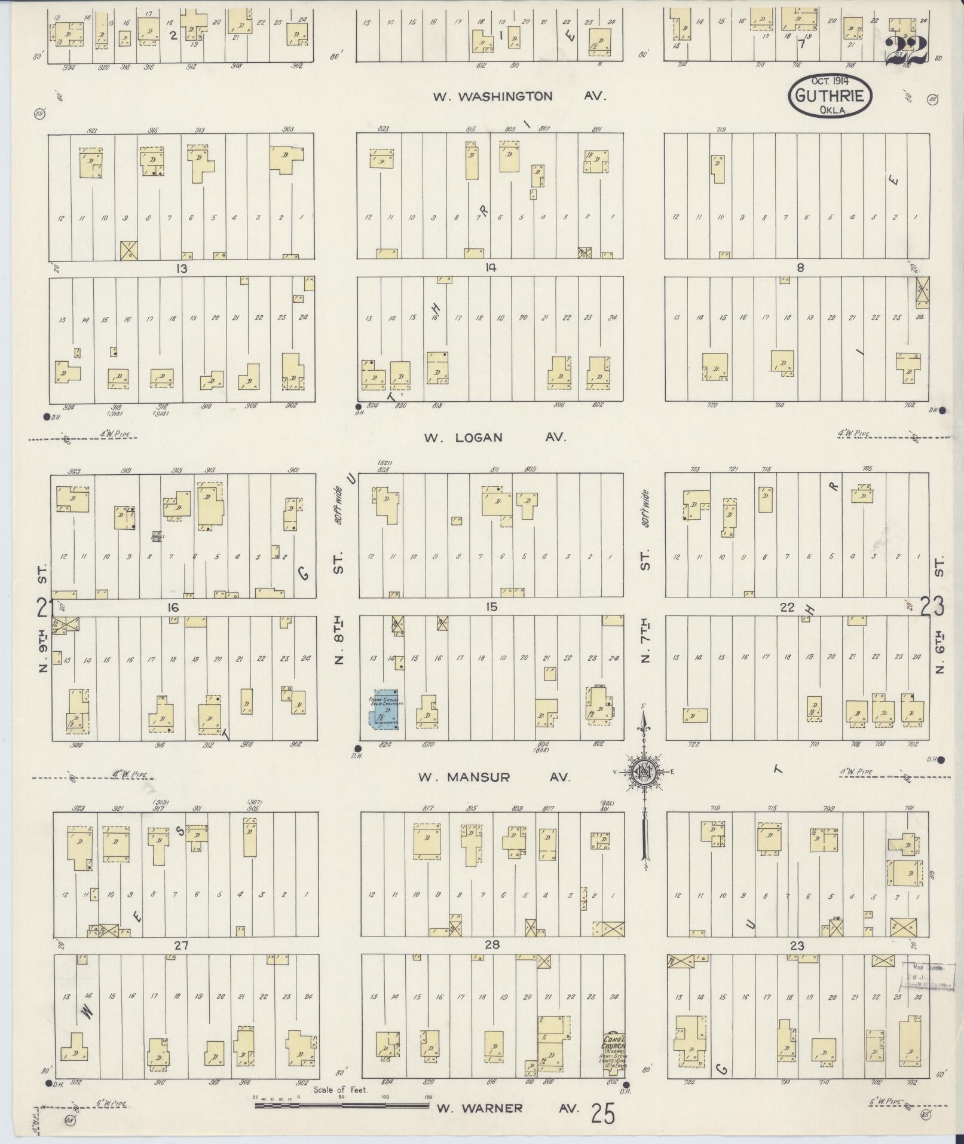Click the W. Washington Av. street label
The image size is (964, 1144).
pyautogui.click(x=519, y=96)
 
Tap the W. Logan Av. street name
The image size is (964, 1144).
pyautogui.click(x=494, y=438)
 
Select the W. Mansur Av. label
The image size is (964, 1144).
pyautogui.click(x=494, y=777)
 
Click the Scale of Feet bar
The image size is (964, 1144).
pyautogui.click(x=341, y=1106)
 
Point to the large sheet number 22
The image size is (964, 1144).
pyautogui.click(x=905, y=50)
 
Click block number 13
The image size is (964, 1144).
pyautogui.click(x=181, y=269)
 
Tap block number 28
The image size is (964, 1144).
pyautogui.click(x=492, y=945)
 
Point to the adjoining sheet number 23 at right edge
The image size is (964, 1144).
pyautogui.click(x=932, y=607)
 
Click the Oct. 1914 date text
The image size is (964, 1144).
pyautogui.click(x=830, y=81)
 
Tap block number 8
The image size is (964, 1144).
pyautogui.click(x=800, y=269)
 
